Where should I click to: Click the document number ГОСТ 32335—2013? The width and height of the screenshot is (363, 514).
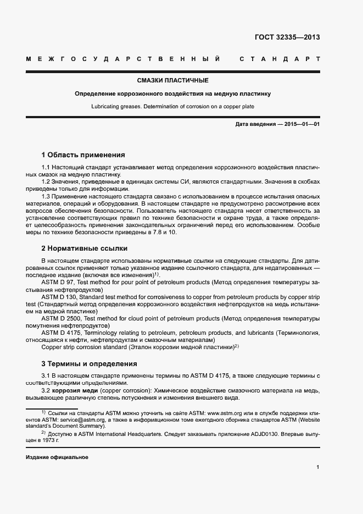pyautogui.click(x=287, y=37)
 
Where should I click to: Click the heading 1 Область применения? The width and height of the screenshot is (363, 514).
pyautogui.click(x=83, y=155)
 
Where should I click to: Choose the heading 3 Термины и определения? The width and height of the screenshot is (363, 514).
pyautogui.click(x=90, y=364)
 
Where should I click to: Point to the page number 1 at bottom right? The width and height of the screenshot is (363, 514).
pyautogui.click(x=318, y=467)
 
